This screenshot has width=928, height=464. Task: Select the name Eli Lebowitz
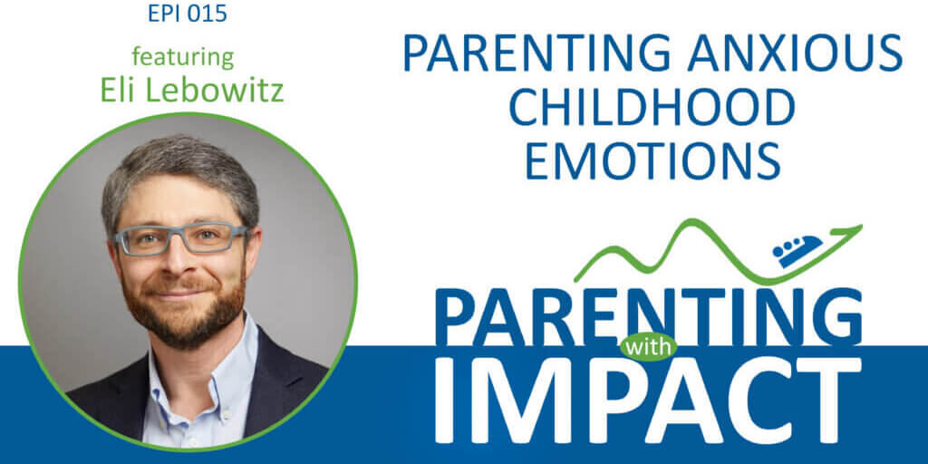coord(183,92)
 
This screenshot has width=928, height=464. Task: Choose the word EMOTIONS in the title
coord(652,159)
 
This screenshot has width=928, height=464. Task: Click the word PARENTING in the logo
coord(650,311)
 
